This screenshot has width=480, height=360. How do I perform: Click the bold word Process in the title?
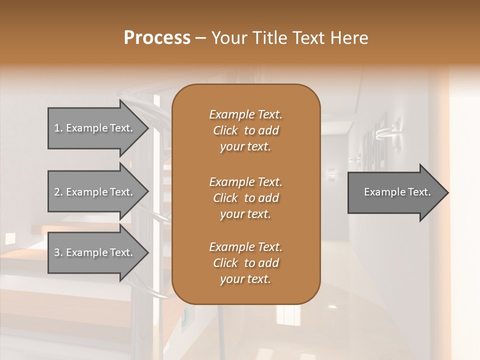click(157, 38)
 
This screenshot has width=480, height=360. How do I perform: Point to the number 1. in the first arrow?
click(58, 128)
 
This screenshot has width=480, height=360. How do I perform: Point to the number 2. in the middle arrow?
click(58, 192)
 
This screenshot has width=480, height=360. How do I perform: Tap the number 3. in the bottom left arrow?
click(58, 252)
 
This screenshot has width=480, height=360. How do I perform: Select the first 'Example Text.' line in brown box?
click(245, 114)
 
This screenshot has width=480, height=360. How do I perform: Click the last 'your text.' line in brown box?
click(245, 279)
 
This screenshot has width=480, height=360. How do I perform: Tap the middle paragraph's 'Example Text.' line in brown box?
click(245, 181)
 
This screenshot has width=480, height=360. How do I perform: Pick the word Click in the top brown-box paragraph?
click(225, 130)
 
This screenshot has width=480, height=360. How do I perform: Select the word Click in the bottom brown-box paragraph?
click(225, 263)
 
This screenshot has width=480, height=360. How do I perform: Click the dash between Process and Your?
click(200, 38)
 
